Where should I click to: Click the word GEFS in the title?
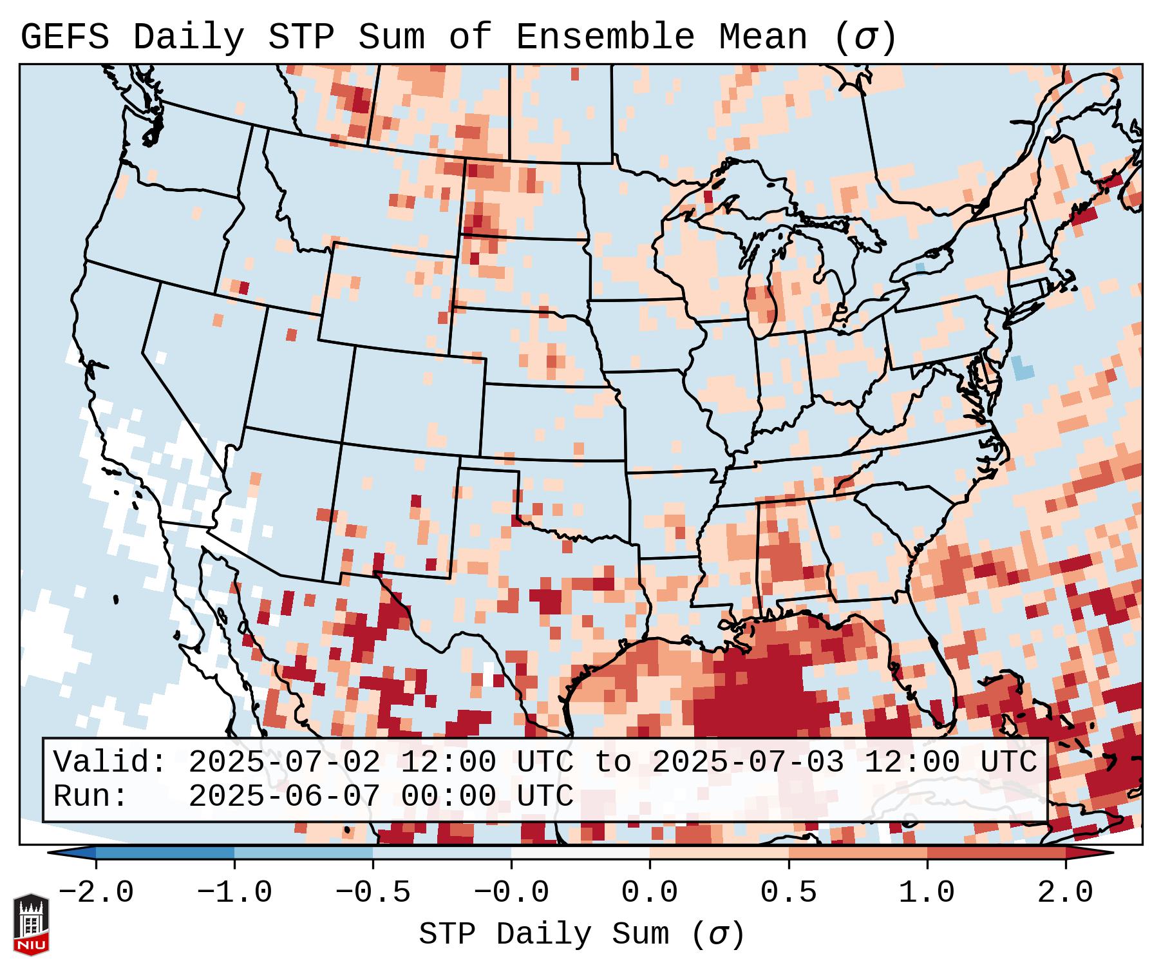click(x=64, y=37)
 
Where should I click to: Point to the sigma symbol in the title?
click(x=865, y=37)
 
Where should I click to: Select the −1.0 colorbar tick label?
click(x=234, y=893)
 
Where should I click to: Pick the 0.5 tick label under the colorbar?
click(x=788, y=893)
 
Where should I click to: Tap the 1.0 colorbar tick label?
click(x=927, y=893)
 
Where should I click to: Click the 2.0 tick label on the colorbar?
click(x=1065, y=893)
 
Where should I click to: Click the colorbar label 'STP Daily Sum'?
click(x=544, y=934)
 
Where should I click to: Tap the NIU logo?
click(x=31, y=924)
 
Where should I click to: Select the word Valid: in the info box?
click(x=109, y=763)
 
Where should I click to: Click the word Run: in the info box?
click(x=90, y=796)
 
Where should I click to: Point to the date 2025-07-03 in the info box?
click(x=748, y=763)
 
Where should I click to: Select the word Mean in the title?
click(x=762, y=37)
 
